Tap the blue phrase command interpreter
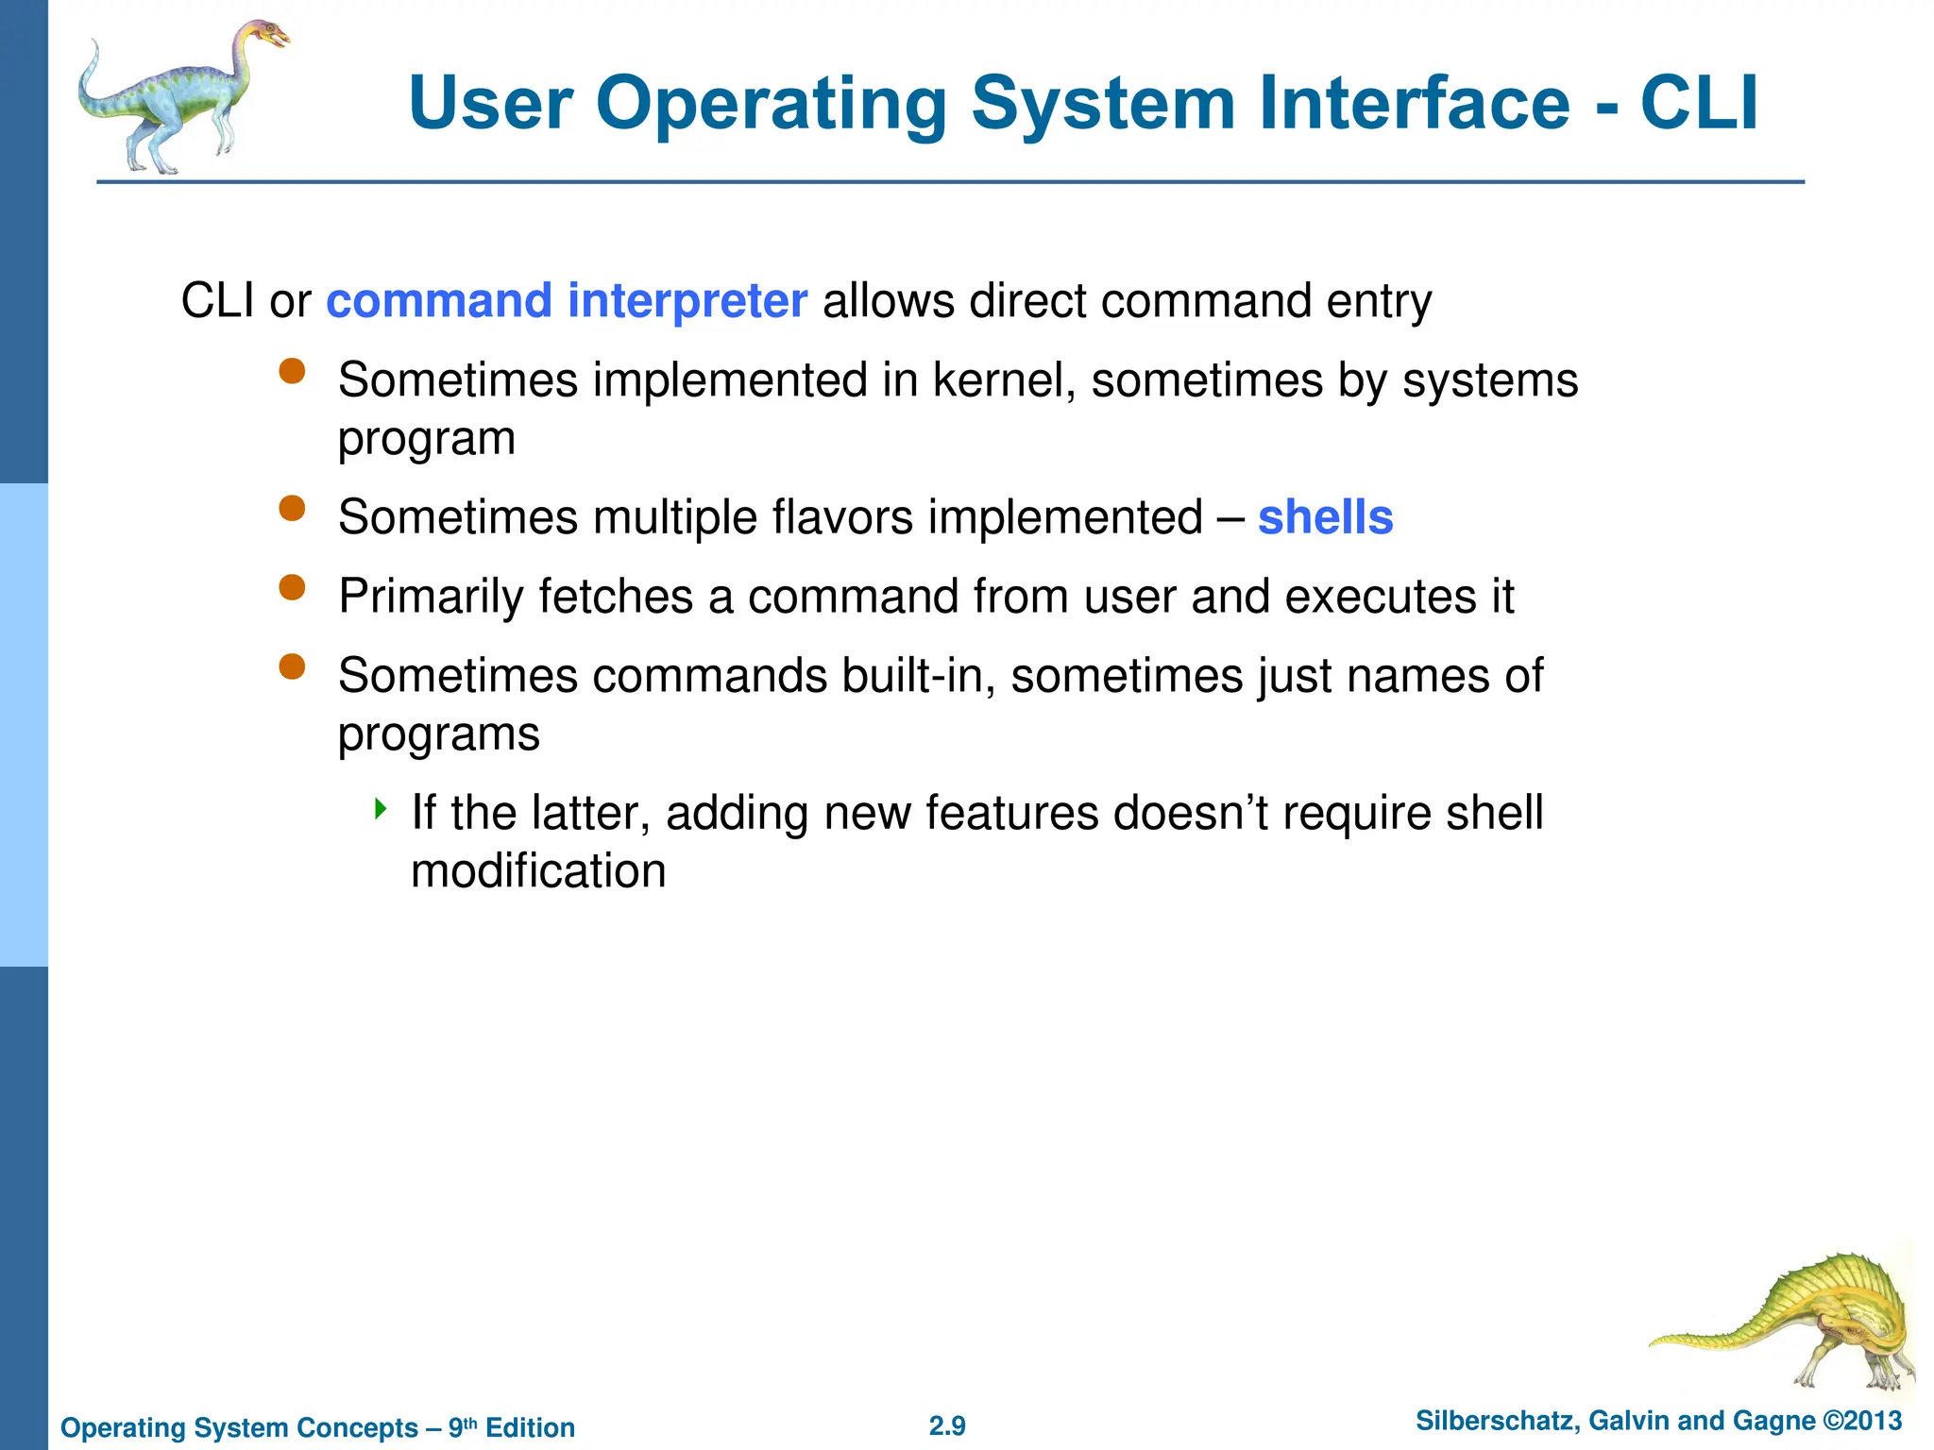click(x=567, y=301)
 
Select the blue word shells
click(x=1325, y=517)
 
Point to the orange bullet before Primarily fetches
click(x=293, y=588)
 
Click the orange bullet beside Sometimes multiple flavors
click(x=293, y=509)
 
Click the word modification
click(x=538, y=870)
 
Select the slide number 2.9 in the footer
click(x=947, y=1425)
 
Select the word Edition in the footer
click(x=530, y=1427)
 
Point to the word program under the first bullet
click(x=427, y=440)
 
